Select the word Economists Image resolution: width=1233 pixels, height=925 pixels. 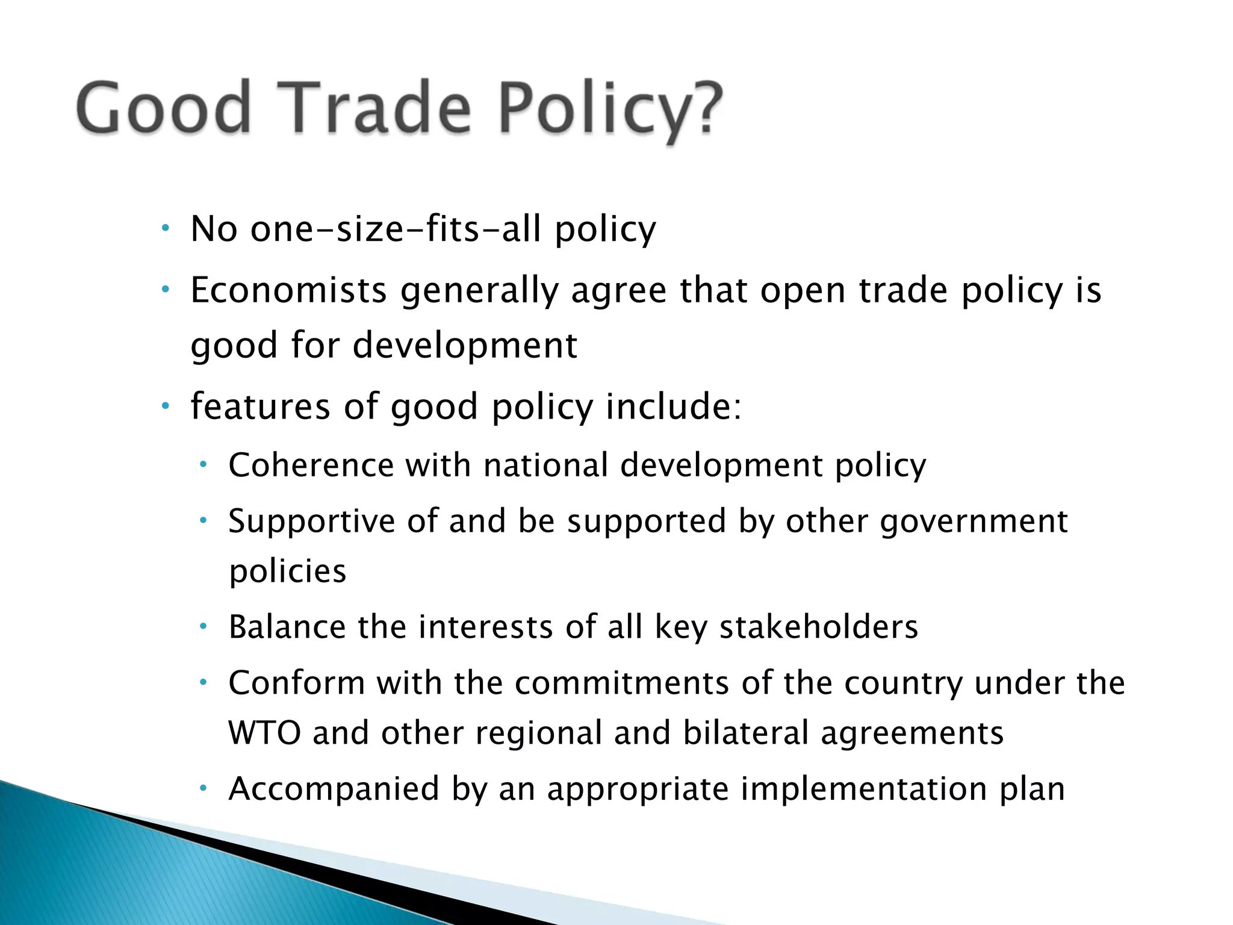click(288, 290)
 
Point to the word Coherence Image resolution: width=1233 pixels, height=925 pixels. click(311, 466)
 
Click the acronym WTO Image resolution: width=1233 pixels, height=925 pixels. click(264, 733)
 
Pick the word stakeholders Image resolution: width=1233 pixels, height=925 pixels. click(819, 627)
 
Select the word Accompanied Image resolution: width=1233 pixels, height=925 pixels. click(334, 789)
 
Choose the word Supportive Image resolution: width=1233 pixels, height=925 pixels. click(311, 522)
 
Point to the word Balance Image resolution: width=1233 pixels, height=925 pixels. click(287, 627)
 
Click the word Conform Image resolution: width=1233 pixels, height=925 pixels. click(297, 684)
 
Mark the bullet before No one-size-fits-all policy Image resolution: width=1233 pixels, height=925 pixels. click(166, 229)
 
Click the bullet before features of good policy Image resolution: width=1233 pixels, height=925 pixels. click(166, 406)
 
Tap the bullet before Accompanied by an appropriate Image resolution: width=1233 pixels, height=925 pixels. click(203, 788)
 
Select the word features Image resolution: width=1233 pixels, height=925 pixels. click(260, 406)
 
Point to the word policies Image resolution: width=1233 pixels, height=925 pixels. click(288, 572)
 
